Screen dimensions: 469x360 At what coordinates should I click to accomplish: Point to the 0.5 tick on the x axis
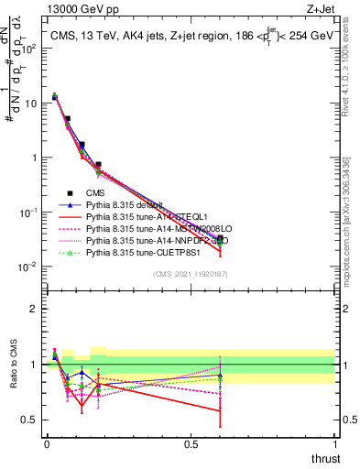[191, 444]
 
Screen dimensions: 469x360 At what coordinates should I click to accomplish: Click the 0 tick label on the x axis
[47, 444]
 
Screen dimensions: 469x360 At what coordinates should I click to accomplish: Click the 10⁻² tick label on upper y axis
[30, 267]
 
